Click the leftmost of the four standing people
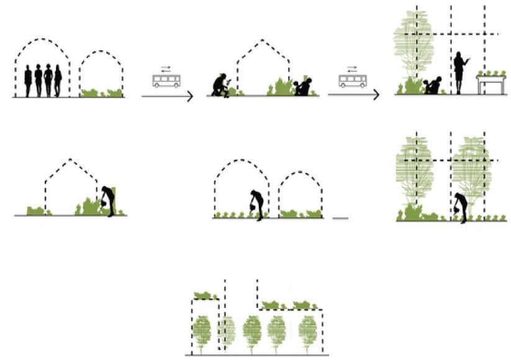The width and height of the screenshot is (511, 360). click(x=28, y=81)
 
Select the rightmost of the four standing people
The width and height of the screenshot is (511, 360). click(x=58, y=81)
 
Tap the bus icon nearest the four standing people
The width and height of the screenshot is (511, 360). click(x=166, y=81)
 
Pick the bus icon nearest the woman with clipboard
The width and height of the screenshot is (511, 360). click(x=352, y=81)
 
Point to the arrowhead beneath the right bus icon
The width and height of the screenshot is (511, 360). click(x=376, y=95)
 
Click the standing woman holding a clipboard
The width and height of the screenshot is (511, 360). click(x=460, y=72)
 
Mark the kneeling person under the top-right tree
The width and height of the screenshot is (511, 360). click(x=433, y=86)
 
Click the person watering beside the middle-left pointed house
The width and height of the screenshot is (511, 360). click(x=109, y=200)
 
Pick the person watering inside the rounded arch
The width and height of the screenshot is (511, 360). click(x=255, y=204)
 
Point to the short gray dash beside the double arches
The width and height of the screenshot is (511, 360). click(x=340, y=218)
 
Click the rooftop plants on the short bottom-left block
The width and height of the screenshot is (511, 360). click(x=202, y=295)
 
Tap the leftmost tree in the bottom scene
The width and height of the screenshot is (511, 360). click(x=202, y=334)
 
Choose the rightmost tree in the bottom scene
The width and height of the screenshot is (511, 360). click(x=308, y=333)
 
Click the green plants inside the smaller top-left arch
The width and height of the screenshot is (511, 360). click(x=102, y=93)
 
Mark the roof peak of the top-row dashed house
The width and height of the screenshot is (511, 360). click(x=262, y=40)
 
